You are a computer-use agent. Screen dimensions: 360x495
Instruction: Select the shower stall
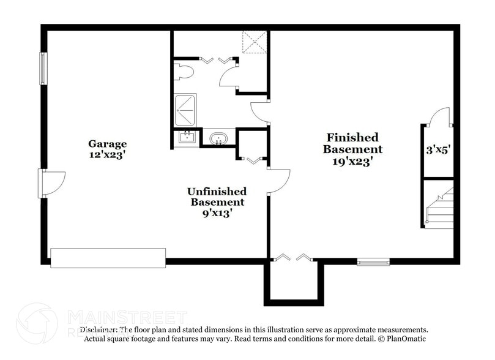[x=185, y=110]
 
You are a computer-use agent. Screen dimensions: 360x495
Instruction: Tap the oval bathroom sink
[x=218, y=139]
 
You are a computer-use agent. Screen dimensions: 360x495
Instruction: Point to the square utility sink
[x=187, y=137]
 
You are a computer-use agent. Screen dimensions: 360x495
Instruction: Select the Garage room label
[x=107, y=144]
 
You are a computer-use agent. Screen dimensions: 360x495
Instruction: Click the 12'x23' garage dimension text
[x=107, y=155]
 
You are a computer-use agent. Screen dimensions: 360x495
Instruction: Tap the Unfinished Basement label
[x=217, y=197]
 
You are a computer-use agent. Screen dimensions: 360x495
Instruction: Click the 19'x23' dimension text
[x=353, y=162]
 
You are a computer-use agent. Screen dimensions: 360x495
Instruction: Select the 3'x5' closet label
[x=438, y=149]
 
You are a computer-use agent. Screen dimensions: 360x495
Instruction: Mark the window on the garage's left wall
[x=43, y=69]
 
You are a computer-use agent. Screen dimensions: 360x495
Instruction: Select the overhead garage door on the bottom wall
[x=108, y=258]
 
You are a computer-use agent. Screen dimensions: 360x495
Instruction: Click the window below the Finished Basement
[x=373, y=262]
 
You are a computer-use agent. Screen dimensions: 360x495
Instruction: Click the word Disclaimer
[x=98, y=329]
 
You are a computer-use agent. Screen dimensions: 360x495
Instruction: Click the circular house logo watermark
[x=37, y=323]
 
